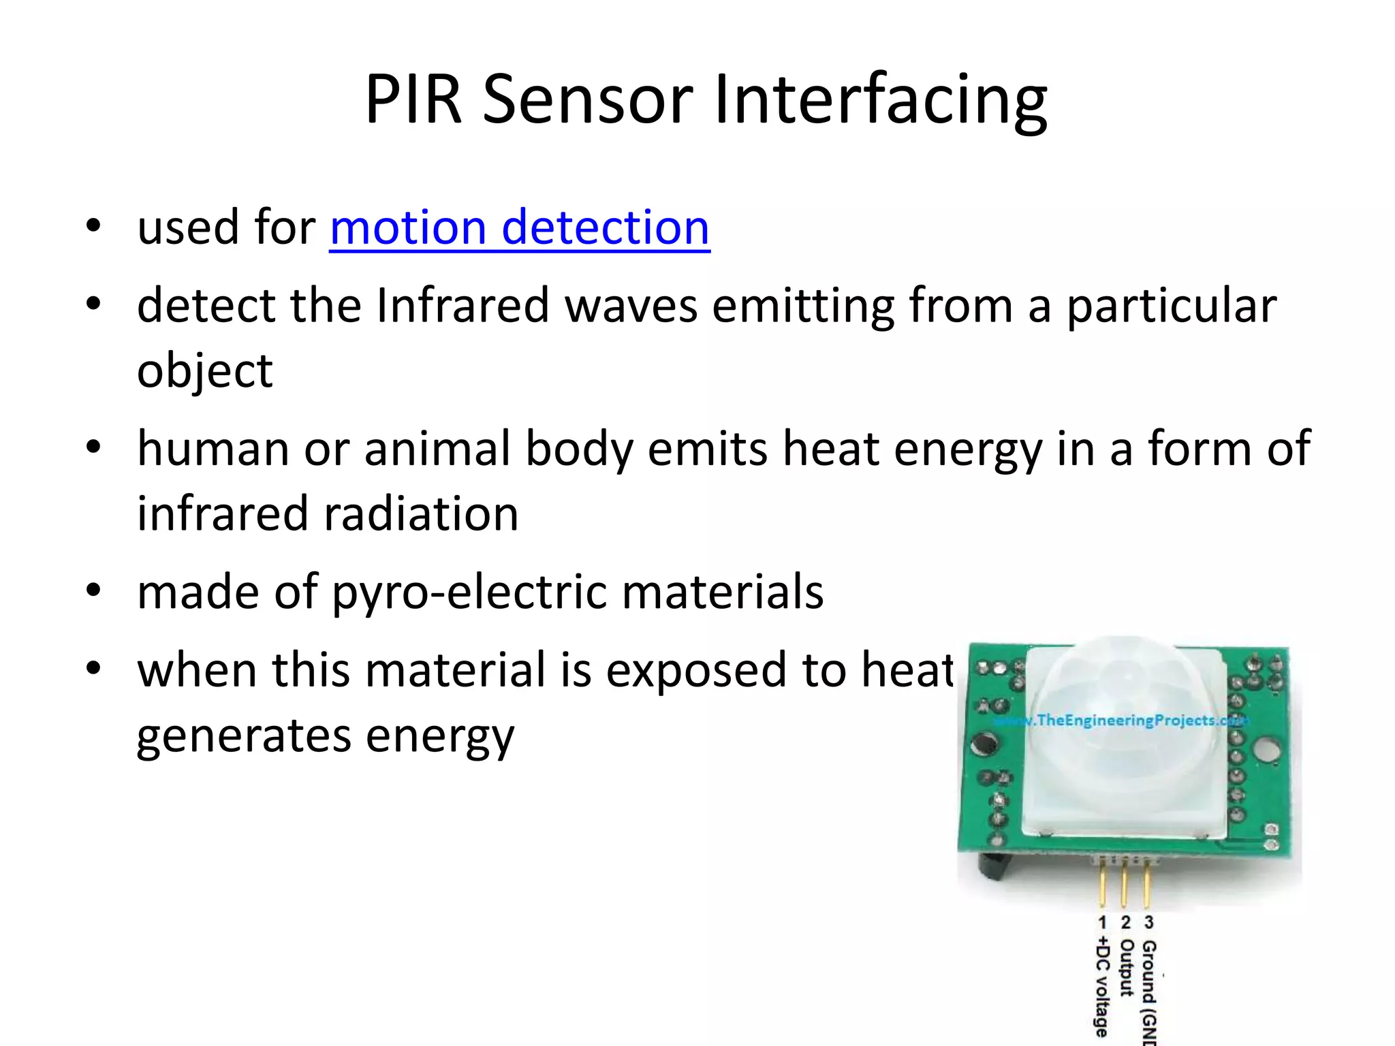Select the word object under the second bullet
204,372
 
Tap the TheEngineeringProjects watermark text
1124,720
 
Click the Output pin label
1126,967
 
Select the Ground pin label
1149,987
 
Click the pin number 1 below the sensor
1102,922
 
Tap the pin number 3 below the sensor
1149,922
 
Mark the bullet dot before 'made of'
93,590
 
